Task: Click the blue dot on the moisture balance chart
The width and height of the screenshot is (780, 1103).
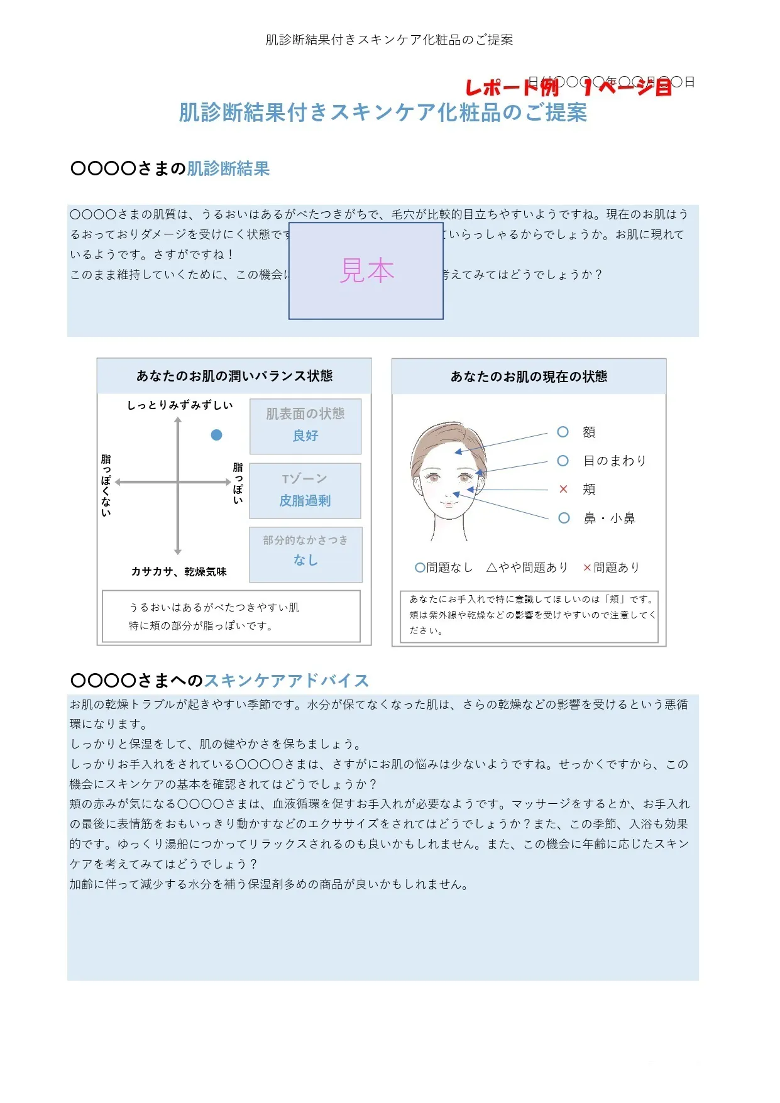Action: click(x=216, y=435)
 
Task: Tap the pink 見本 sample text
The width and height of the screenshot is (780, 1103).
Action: click(x=367, y=271)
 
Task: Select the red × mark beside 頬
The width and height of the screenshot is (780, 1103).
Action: click(x=563, y=489)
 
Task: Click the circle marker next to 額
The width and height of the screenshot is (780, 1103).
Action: click(x=563, y=432)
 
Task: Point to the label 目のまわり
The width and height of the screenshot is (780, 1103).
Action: click(x=614, y=461)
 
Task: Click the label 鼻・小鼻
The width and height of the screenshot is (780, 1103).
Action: click(x=609, y=519)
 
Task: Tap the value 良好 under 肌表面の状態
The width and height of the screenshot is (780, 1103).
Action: click(x=305, y=436)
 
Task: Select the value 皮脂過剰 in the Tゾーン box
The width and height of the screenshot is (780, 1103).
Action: click(x=305, y=501)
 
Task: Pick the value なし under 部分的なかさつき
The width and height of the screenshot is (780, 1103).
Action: click(x=305, y=560)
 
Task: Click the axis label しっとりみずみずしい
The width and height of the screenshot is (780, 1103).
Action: click(x=180, y=405)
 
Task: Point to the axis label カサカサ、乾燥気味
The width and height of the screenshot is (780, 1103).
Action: click(x=179, y=572)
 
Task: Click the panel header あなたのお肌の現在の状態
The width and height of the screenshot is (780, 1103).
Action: click(x=529, y=376)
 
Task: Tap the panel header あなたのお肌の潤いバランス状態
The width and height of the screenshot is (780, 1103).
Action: click(x=234, y=376)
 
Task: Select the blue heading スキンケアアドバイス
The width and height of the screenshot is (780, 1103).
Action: click(x=286, y=681)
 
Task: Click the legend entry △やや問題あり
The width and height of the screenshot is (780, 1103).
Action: click(x=527, y=568)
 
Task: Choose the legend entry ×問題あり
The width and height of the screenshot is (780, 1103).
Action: click(x=611, y=568)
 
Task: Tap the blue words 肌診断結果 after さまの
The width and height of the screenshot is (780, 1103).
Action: click(x=228, y=168)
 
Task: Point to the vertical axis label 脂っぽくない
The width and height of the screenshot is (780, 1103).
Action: click(x=106, y=485)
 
